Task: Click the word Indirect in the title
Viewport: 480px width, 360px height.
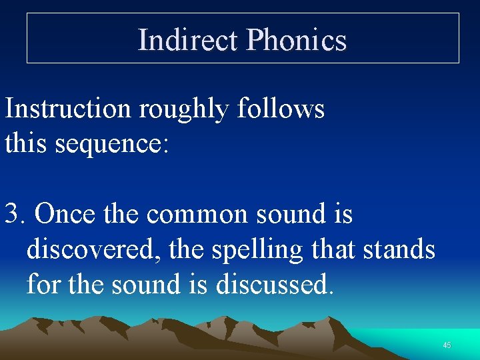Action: click(x=187, y=40)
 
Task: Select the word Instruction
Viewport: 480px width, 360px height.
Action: click(x=68, y=108)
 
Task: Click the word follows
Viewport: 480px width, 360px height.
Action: click(x=281, y=108)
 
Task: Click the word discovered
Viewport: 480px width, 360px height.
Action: click(x=93, y=250)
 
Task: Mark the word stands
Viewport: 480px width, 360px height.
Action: click(x=399, y=250)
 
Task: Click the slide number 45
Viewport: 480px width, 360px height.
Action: click(x=447, y=345)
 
